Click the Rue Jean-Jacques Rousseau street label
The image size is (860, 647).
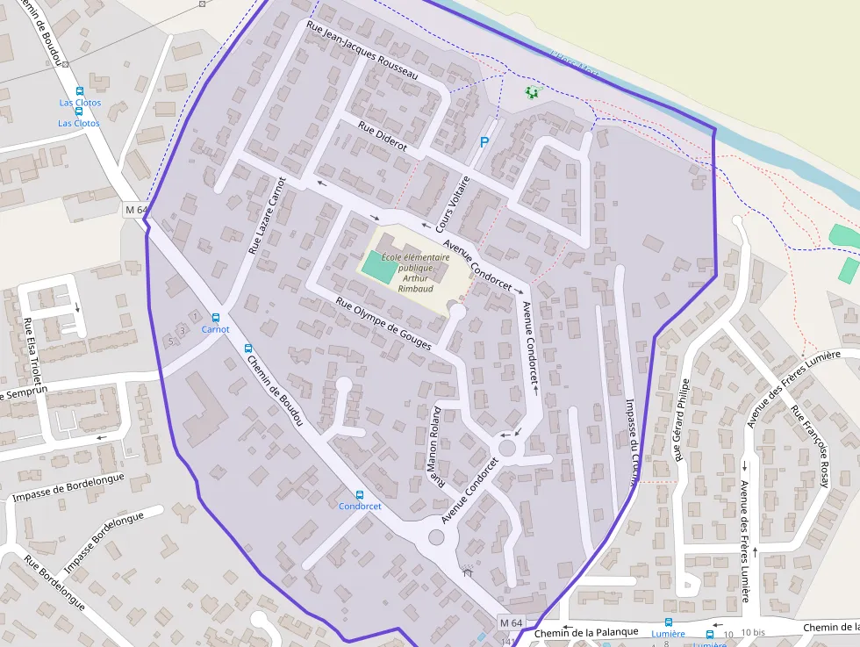[362, 52]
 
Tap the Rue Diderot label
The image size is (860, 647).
[383, 137]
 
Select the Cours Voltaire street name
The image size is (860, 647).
[453, 201]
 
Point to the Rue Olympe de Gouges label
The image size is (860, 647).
[383, 324]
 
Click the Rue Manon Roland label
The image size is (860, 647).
[435, 446]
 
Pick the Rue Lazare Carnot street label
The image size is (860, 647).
[268, 215]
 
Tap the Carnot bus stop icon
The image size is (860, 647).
[216, 318]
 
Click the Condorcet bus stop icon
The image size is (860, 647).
[359, 495]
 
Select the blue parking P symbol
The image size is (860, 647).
[483, 142]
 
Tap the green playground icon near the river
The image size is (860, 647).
[531, 91]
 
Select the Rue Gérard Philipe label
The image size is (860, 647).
[681, 421]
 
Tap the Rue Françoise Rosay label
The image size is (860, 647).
[809, 446]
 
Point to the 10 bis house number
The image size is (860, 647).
[752, 632]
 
